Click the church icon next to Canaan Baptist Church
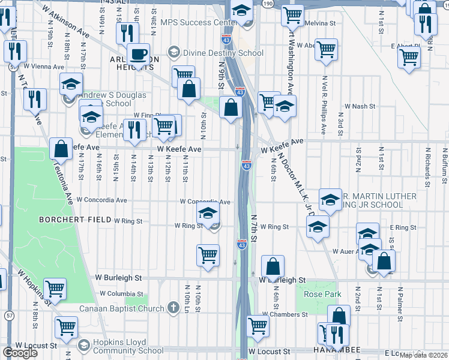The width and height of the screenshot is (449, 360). [173, 308]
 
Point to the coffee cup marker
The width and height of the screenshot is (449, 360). [138, 55]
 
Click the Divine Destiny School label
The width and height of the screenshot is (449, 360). [221, 53]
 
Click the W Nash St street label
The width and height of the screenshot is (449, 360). [360, 106]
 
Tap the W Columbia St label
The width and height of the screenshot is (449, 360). [122, 293]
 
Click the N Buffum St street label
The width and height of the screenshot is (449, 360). [445, 165]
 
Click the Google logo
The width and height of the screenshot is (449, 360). [20, 353]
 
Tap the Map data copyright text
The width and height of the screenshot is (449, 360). [423, 355]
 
